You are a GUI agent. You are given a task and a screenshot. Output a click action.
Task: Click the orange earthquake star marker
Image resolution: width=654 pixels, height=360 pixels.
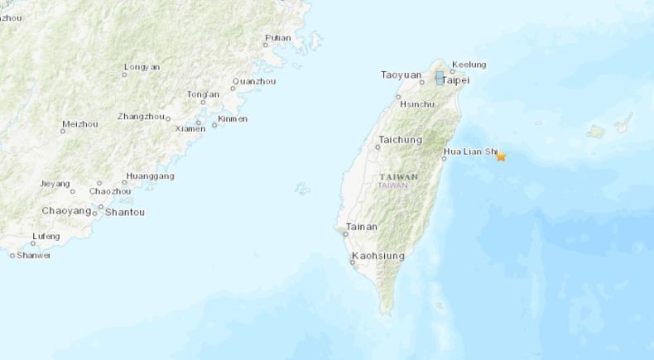coord(501,156)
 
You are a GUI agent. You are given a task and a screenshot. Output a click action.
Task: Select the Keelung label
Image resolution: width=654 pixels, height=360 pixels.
coord(469,65)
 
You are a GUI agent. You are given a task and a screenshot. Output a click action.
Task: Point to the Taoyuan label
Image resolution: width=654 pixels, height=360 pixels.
coord(401,74)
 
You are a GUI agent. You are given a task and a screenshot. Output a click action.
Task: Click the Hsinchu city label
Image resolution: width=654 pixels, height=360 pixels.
coord(416,104)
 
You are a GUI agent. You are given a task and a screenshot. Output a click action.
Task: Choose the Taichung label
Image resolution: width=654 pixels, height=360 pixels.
coord(401,139)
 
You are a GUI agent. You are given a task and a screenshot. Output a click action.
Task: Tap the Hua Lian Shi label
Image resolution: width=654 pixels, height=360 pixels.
coord(470,152)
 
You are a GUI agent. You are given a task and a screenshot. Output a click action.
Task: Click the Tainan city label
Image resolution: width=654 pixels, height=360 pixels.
coord(362,226)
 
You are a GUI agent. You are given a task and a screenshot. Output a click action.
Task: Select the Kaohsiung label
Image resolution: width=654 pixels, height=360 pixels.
coord(378,256)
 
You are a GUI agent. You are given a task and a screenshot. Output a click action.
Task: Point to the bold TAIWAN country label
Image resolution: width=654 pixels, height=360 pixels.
coord(399,177)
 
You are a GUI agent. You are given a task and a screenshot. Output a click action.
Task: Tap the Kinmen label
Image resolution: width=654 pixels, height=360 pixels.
coord(232,118)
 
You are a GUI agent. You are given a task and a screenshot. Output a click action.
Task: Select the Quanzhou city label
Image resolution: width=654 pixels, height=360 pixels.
coord(252,81)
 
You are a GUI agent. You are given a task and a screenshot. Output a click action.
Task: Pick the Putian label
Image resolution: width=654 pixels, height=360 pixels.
coord(278,37)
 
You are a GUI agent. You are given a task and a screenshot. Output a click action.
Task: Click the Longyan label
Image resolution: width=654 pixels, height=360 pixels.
coord(142,66)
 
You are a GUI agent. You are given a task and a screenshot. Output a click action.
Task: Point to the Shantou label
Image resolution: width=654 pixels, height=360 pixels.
coord(125,212)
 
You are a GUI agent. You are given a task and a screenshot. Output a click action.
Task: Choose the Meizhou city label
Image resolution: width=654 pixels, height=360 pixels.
coord(79,124)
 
